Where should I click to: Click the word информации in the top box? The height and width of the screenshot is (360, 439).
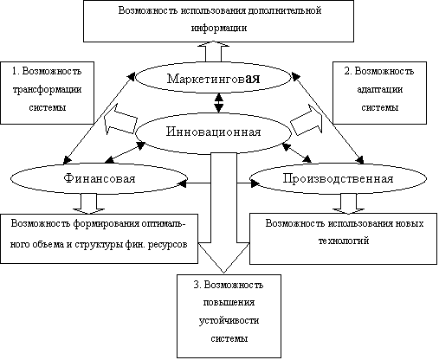(219, 28)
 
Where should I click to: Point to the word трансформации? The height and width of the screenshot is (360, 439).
(47, 90)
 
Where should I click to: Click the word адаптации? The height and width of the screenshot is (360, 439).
(380, 90)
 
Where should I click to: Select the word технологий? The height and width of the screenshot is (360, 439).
(344, 241)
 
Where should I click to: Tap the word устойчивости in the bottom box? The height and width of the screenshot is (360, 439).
(229, 320)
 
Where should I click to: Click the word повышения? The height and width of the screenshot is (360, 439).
(229, 303)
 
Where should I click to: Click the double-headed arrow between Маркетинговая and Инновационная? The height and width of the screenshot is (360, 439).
(219, 103)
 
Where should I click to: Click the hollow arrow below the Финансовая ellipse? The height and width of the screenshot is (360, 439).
(88, 204)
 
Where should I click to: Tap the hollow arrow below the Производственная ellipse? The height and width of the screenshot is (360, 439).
(348, 204)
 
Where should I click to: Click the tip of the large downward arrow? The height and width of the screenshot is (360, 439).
(223, 273)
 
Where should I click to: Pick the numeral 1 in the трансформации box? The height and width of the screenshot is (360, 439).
(14, 71)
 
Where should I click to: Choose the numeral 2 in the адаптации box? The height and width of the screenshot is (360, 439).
(346, 71)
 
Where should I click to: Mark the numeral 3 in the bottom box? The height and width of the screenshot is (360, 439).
(197, 285)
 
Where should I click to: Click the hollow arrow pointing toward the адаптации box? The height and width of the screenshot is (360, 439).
(307, 120)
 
